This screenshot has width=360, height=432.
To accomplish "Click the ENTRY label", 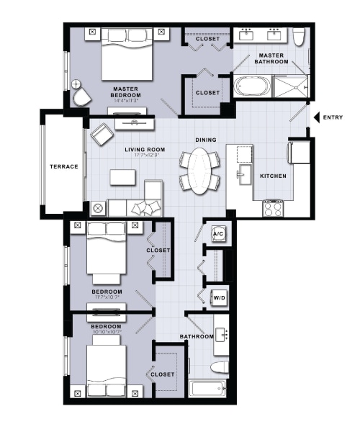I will tap(333, 117).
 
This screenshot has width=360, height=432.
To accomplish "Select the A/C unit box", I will tap(217, 234).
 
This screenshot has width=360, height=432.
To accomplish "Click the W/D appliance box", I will tap(217, 297).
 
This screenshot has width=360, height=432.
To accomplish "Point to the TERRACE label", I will tap(64, 166).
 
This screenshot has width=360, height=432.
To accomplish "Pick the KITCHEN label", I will tap(273, 176).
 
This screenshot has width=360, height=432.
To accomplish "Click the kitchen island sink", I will tap(243, 173).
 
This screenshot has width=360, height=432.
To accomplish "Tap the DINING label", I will tap(206, 140).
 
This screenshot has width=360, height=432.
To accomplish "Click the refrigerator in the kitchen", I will tap(298, 153).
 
